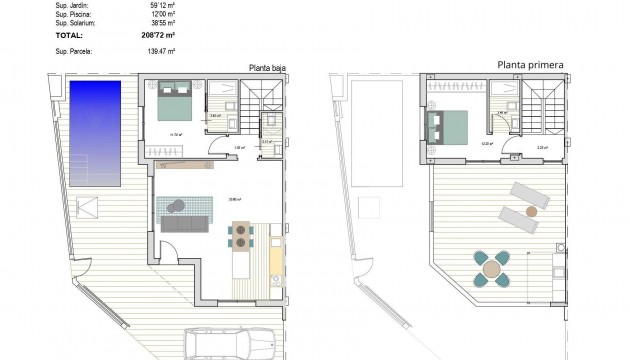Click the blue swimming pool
94,133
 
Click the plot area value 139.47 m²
161,49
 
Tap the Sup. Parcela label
47,49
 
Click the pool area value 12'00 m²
162,12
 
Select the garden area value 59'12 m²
162,3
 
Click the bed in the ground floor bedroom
175,101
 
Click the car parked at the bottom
219,344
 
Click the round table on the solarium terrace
491,268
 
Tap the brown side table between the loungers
532,211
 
